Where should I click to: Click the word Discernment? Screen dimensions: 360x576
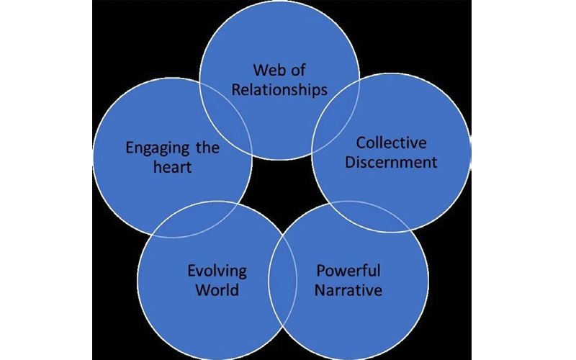391,161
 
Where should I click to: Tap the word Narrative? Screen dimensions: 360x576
348,291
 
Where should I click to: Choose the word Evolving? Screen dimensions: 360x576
217,271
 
